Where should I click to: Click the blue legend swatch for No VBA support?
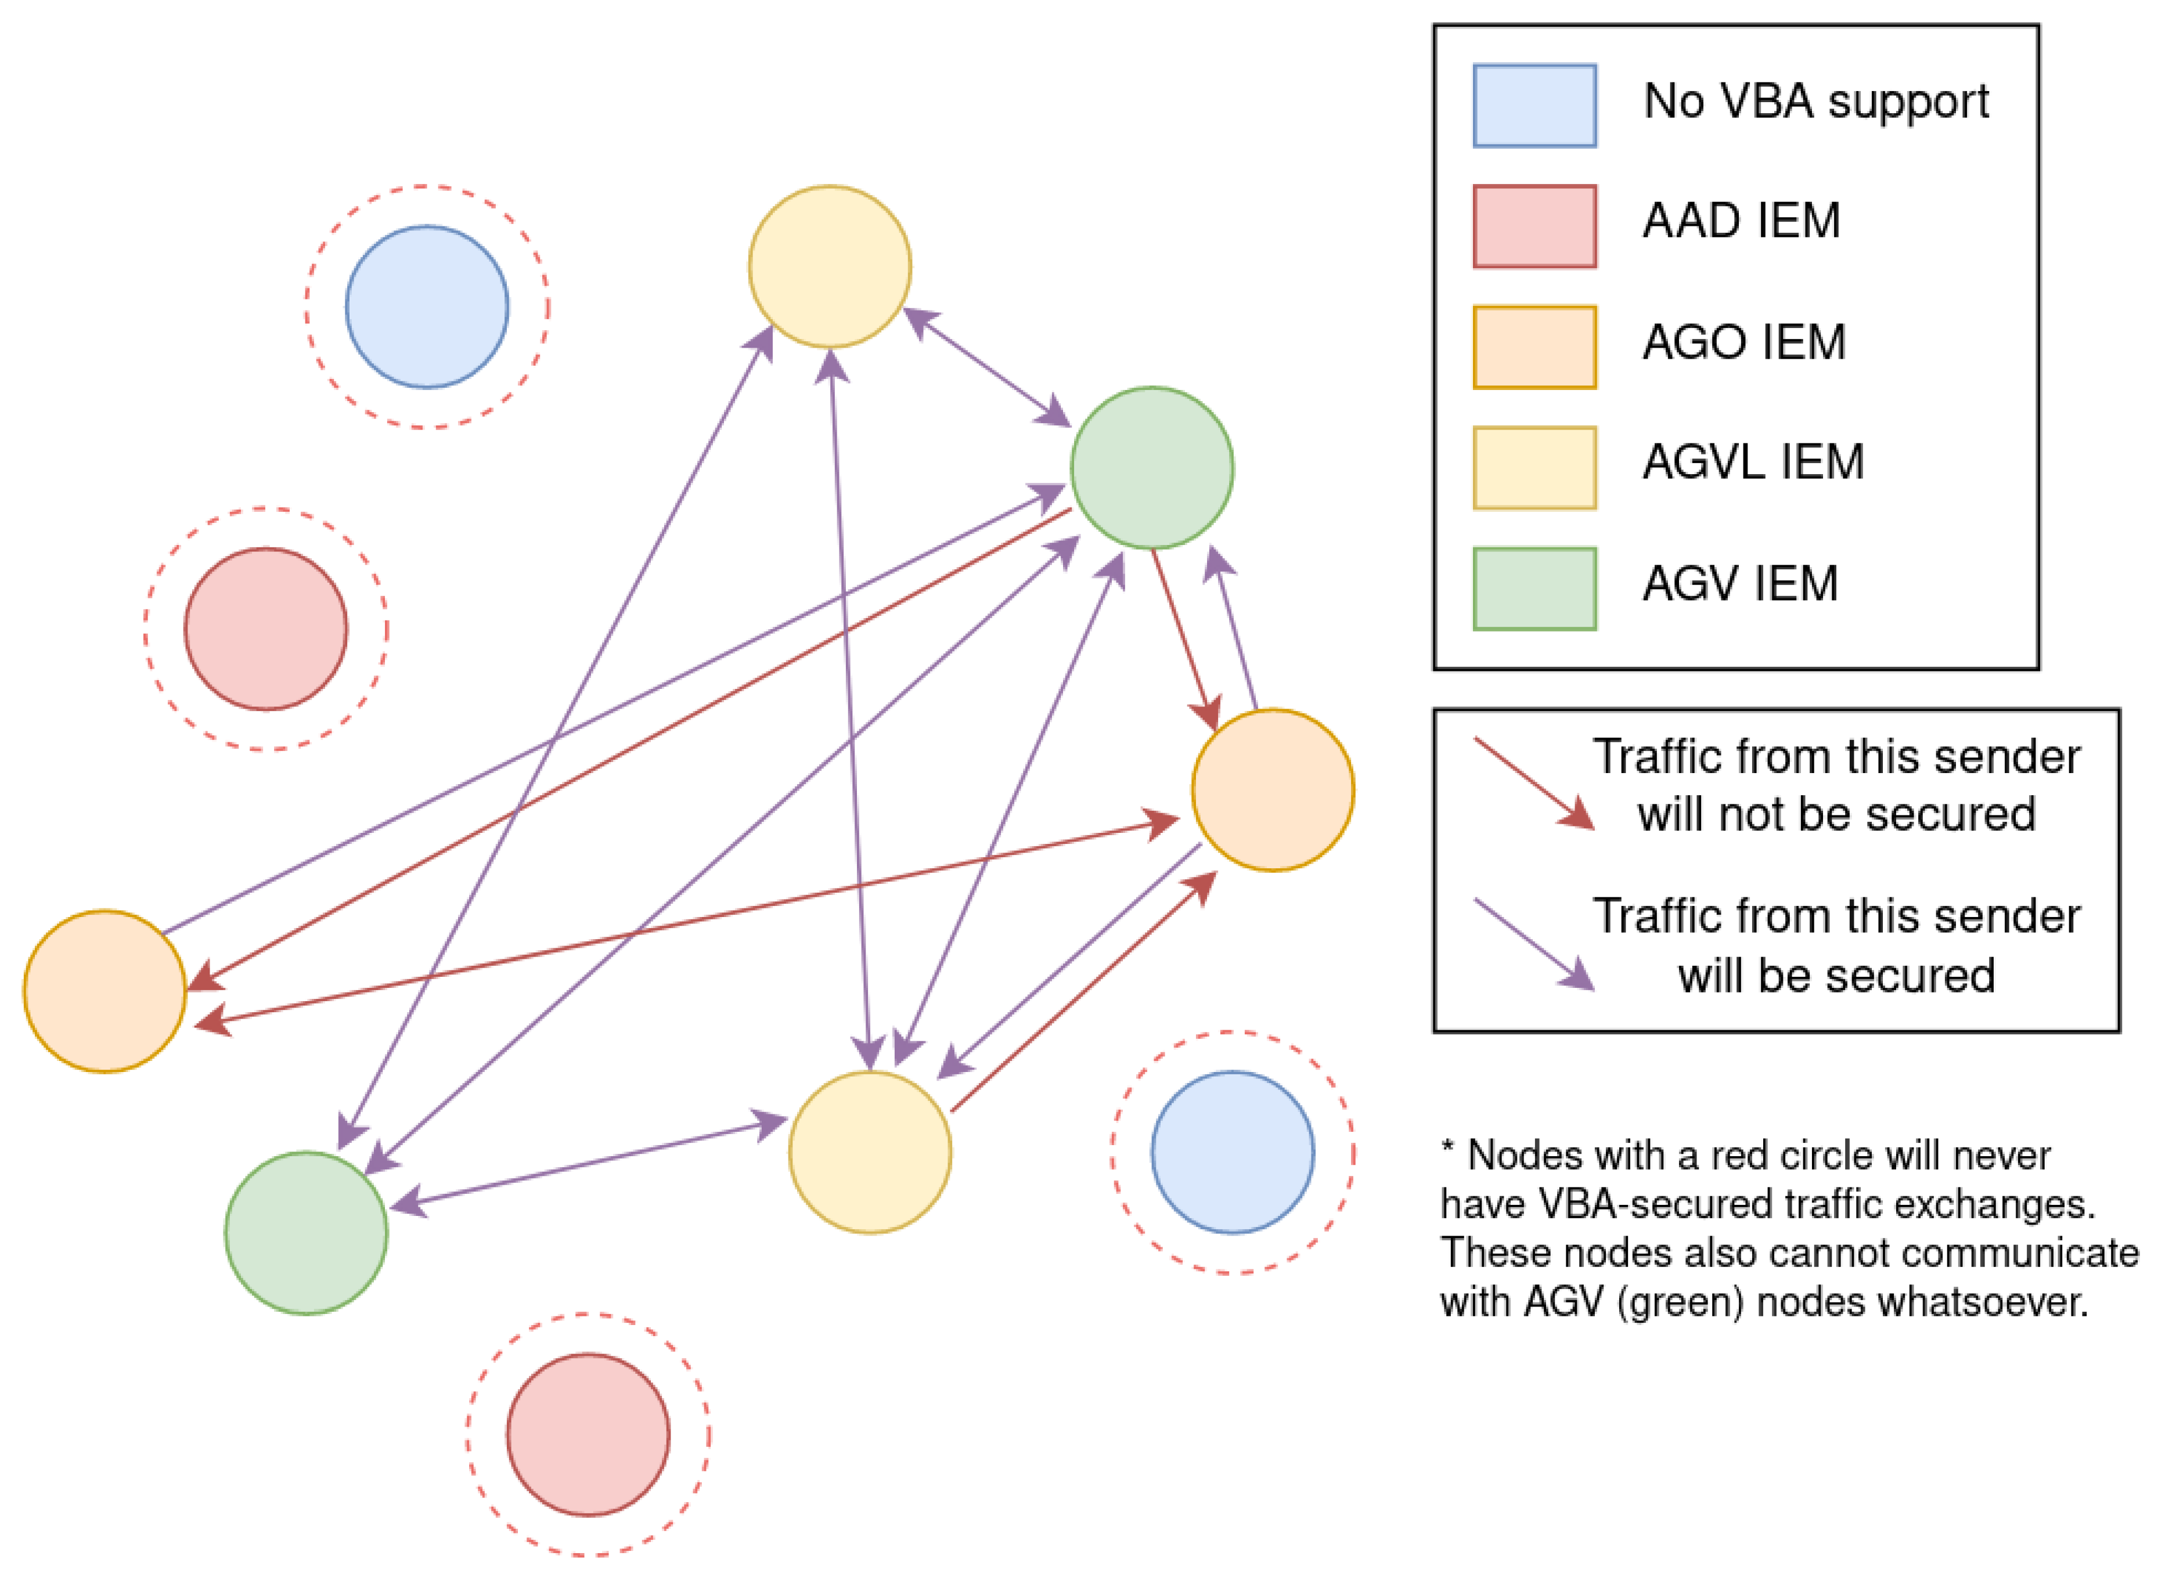[x=1534, y=105]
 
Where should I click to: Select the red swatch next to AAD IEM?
[x=1534, y=226]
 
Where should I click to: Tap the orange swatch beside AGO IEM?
[x=1534, y=346]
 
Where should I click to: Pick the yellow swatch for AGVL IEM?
[x=1534, y=467]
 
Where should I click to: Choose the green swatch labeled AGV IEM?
[x=1534, y=587]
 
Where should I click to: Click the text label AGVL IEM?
[x=1752, y=462]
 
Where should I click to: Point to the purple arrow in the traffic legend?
[x=1533, y=943]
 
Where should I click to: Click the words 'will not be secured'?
[x=1835, y=814]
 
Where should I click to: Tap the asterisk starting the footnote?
[x=1447, y=1146]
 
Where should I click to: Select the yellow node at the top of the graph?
[x=829, y=266]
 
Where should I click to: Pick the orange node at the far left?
[x=105, y=991]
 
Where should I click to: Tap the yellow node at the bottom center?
[x=869, y=1152]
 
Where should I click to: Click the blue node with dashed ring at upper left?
[x=426, y=306]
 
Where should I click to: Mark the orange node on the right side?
[x=1273, y=789]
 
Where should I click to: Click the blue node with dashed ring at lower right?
[x=1232, y=1152]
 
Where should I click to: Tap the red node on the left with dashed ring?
[x=265, y=629]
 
